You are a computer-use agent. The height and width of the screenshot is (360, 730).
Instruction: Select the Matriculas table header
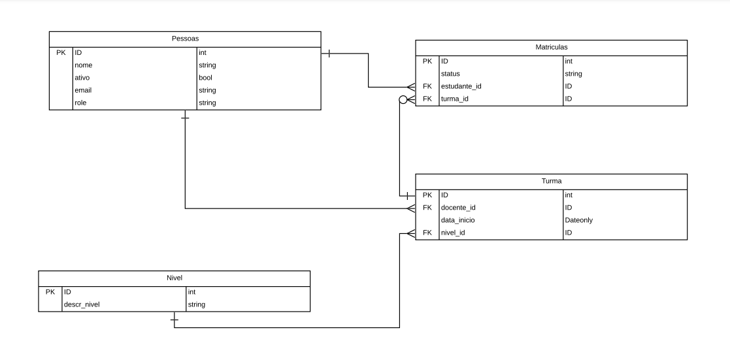click(x=551, y=48)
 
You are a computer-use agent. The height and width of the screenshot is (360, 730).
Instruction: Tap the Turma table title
click(x=551, y=181)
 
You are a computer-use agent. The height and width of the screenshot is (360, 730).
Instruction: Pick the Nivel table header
click(x=174, y=278)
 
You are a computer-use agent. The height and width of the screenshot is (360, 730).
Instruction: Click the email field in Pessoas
click(x=83, y=90)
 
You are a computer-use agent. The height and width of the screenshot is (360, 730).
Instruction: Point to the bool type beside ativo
click(x=206, y=78)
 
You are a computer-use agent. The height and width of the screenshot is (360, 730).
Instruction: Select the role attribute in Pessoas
click(x=80, y=103)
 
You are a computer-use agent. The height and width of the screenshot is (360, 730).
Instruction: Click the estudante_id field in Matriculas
click(x=461, y=86)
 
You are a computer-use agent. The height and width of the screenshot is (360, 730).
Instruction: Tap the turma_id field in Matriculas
click(x=455, y=99)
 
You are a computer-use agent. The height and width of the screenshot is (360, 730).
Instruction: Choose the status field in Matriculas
click(x=451, y=74)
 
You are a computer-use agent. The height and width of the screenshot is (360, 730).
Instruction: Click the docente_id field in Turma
click(x=458, y=208)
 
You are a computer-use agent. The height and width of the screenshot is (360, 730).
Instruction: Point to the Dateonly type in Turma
click(x=579, y=220)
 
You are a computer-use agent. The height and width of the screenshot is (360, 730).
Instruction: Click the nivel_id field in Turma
click(x=453, y=233)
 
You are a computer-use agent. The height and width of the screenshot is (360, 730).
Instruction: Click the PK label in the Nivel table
click(x=50, y=292)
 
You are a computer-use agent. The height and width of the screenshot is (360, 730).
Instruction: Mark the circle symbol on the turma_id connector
click(x=403, y=99)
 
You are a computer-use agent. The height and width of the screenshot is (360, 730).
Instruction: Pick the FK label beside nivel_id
click(x=427, y=233)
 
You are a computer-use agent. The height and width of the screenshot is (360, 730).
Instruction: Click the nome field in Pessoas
click(x=83, y=65)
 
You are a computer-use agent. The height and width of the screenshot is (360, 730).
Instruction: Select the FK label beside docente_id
click(x=427, y=208)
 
